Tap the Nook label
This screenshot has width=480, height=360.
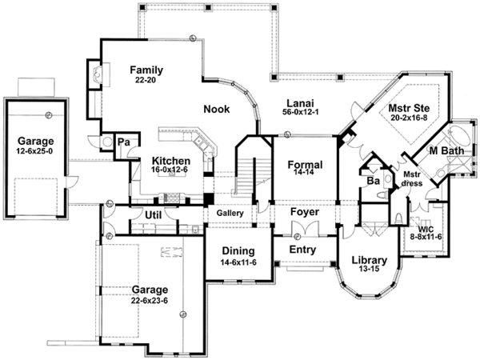[x=216, y=110]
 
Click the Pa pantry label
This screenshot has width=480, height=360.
[x=125, y=141]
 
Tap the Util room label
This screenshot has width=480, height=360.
[x=154, y=214]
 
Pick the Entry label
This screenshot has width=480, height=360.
[x=301, y=250]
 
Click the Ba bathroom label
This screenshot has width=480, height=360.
[x=372, y=181]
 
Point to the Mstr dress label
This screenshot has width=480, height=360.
[x=411, y=181]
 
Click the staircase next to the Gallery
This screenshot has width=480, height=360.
[x=250, y=178]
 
